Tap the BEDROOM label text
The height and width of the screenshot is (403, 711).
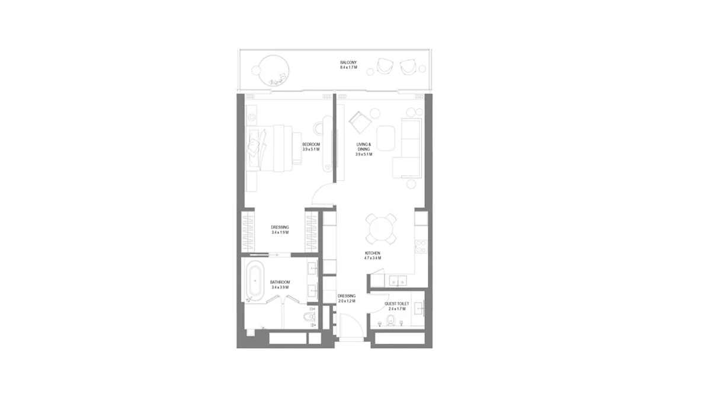[x=311, y=145]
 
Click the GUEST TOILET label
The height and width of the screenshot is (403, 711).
[x=396, y=303]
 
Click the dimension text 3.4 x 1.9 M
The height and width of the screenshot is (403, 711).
[x=280, y=233]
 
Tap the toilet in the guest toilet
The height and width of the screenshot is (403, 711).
[x=390, y=321]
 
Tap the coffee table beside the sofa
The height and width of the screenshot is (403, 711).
[x=385, y=137]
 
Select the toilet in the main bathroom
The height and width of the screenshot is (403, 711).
[x=307, y=319]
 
